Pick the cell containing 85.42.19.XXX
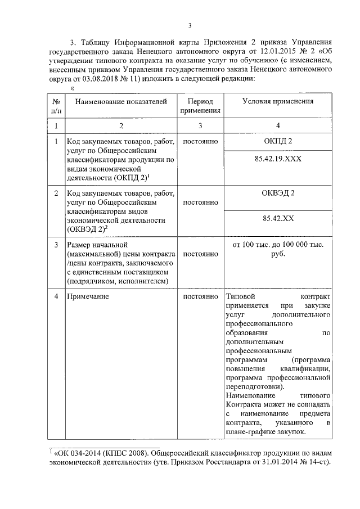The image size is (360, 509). click(277, 159)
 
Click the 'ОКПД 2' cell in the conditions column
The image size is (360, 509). click(277, 141)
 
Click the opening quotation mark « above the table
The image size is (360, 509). click(72, 88)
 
